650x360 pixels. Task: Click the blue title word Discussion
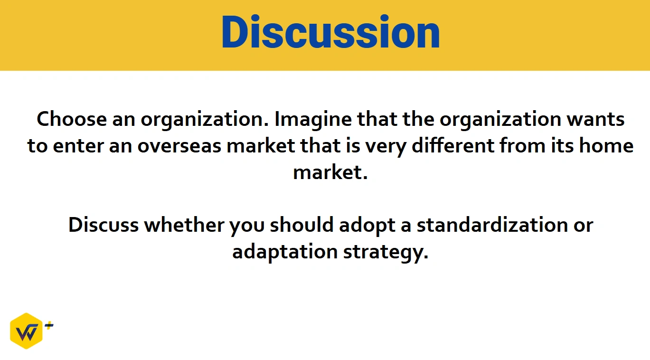pos(331,32)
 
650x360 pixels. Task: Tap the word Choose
pos(72,119)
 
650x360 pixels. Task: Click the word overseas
pos(179,146)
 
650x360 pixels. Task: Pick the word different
pos(452,145)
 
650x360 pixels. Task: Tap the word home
pos(606,145)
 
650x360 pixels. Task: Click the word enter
pos(78,146)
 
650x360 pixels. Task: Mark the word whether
pos(184,225)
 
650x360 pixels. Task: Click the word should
pos(302,225)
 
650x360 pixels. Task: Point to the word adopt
pos(367,227)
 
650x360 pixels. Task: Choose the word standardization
pos(492,225)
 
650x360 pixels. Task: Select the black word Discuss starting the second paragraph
pos(104,225)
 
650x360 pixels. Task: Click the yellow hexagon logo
pos(27,331)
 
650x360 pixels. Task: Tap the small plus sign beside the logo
pos(49,325)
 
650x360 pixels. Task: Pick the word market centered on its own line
pos(330,172)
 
